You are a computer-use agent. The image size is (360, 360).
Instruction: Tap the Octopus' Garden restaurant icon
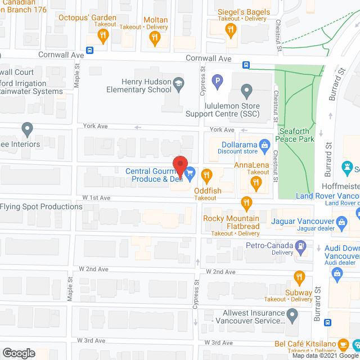tap(102, 37)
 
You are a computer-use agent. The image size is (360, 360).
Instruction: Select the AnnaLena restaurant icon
tap(256, 182)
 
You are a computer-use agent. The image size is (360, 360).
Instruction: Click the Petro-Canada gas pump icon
tap(301, 245)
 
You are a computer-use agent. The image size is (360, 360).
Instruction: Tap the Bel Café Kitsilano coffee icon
tap(355, 344)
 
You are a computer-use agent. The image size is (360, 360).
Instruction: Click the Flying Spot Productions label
tap(41, 206)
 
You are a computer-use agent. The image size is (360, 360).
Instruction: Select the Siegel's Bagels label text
tap(244, 12)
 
